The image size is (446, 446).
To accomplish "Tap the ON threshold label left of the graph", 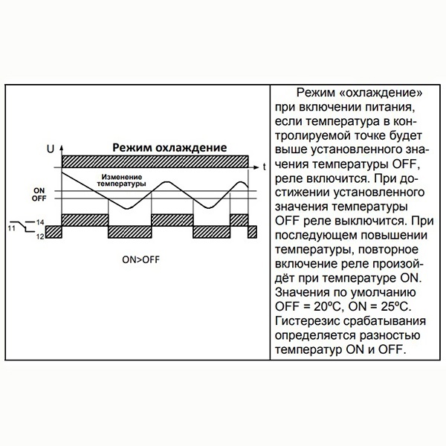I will coord(39,191).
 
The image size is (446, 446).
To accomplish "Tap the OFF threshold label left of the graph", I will coord(39,199).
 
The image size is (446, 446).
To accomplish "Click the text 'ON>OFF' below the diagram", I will coord(140,260).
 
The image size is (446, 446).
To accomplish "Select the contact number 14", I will coord(40,222).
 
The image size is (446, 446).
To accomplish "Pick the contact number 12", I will coord(40,235).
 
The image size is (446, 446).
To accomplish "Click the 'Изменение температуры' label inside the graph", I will coord(123,181).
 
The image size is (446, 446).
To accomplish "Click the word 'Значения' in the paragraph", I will coord(304,291).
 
